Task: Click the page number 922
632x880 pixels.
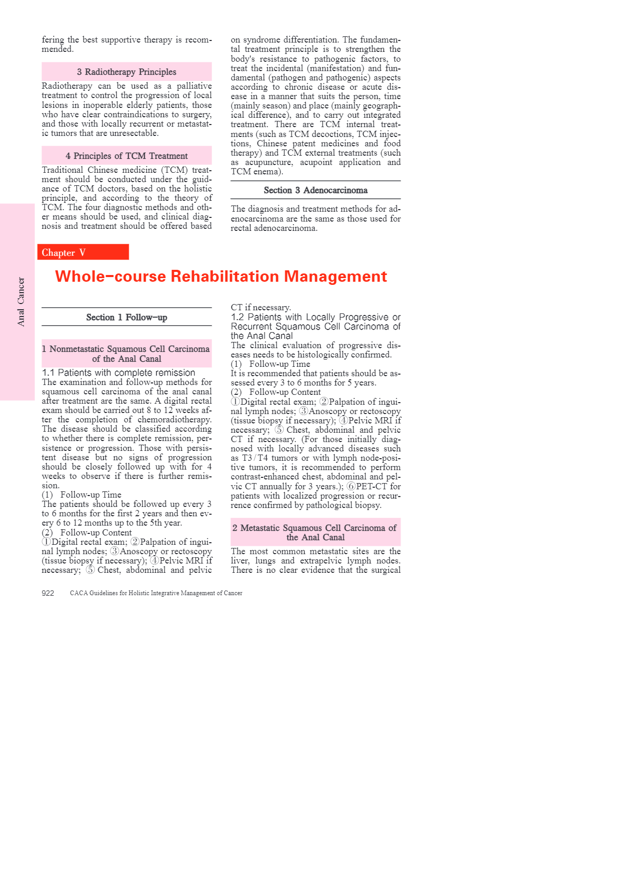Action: point(48,593)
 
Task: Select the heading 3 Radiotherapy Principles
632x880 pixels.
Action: point(127,72)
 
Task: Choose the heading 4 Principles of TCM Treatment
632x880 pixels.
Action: point(127,156)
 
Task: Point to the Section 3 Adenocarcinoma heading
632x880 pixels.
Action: point(315,190)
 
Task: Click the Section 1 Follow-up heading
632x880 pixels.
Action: point(127,317)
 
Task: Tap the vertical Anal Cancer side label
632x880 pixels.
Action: point(21,301)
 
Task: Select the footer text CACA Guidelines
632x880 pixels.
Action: point(156,593)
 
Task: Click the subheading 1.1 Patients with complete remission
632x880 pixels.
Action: point(118,373)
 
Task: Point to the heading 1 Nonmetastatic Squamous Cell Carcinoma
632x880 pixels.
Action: point(126,353)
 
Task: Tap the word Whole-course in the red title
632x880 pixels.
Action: point(111,276)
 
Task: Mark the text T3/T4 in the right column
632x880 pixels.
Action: point(255,458)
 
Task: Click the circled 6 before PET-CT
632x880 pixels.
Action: point(351,486)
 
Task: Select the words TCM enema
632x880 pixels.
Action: point(256,172)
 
